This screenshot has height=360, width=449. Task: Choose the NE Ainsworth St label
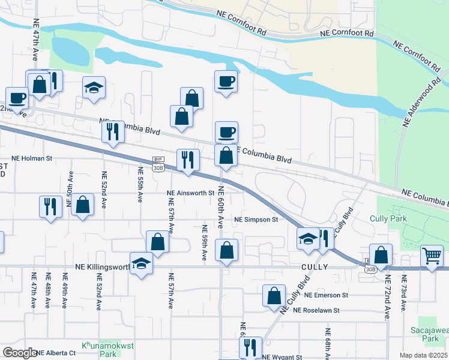[190, 193]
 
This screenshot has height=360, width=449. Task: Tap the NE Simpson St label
[256, 220]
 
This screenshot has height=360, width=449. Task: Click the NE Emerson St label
[326, 295]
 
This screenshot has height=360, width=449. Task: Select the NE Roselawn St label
[316, 310]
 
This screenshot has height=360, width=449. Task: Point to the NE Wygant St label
[282, 357]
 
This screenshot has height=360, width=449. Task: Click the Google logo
[19, 353]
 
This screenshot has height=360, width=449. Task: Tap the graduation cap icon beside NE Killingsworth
[142, 263]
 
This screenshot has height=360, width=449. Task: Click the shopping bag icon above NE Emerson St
[274, 295]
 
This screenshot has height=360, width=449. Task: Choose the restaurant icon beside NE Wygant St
[250, 347]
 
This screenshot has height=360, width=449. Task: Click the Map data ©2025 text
[424, 355]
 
